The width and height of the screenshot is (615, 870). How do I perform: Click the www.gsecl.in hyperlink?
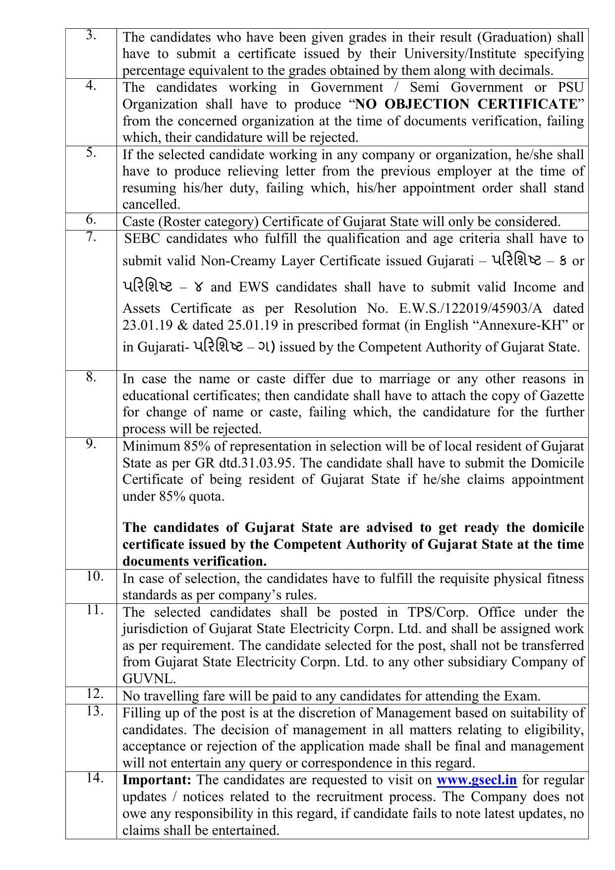[x=476, y=780]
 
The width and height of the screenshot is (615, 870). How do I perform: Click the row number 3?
[x=91, y=35]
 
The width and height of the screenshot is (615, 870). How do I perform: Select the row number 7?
[x=91, y=236]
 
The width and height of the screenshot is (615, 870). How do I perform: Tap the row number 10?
[x=94, y=576]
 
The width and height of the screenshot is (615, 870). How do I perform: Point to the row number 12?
[x=94, y=693]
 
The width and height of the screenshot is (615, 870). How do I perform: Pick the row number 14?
[x=94, y=778]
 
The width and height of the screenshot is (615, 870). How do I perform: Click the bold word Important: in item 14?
[x=157, y=780]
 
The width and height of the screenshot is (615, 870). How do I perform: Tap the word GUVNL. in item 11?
[x=149, y=679]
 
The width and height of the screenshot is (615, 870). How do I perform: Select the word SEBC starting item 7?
[x=143, y=239]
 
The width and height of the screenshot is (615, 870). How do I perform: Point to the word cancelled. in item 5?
[x=151, y=205]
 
